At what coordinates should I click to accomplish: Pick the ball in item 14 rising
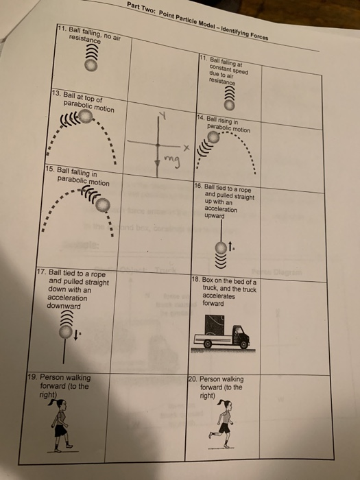215,139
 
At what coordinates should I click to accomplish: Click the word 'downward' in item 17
63,307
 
